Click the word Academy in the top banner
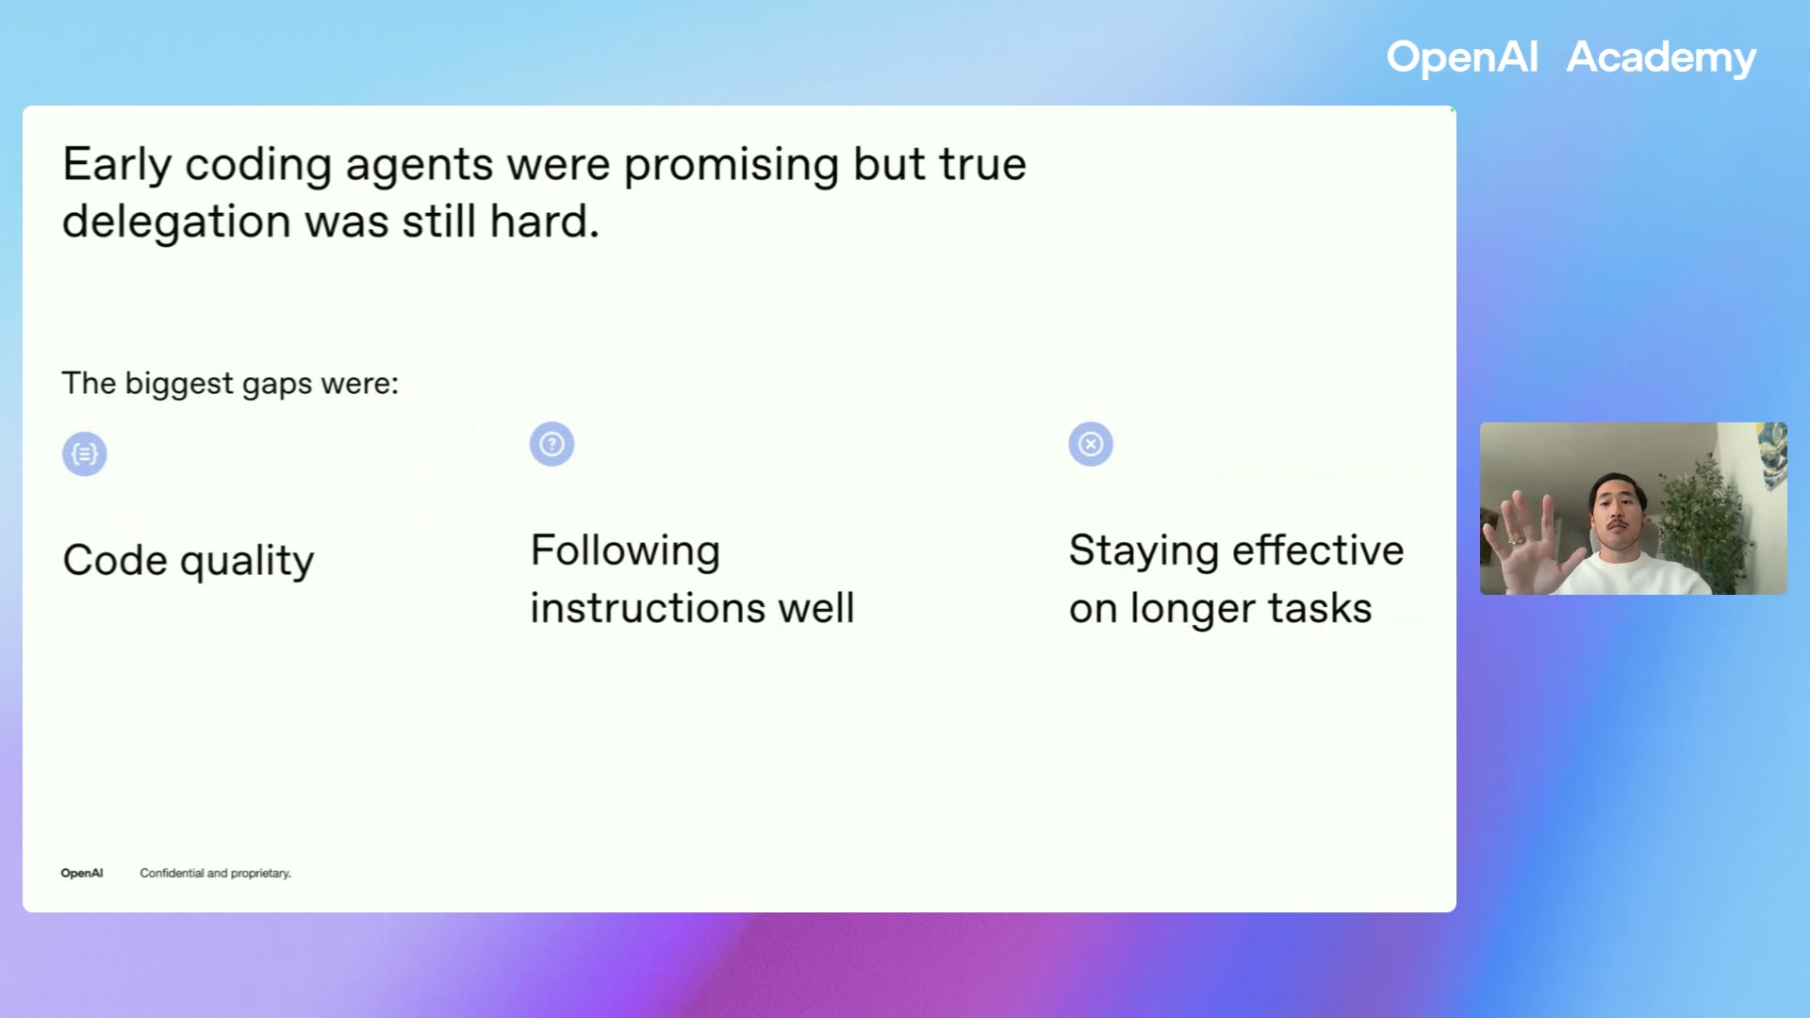[1661, 58]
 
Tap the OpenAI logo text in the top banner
[1461, 58]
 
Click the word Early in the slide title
[117, 165]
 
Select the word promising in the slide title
[731, 165]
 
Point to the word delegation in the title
[176, 222]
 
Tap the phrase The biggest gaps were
[230, 384]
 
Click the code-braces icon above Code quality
[85, 454]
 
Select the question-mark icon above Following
[551, 444]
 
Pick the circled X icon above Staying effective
[1091, 444]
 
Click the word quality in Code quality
[247, 562]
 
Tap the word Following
[625, 550]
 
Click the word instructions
[647, 608]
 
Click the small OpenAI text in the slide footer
[82, 873]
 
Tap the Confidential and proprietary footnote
[215, 873]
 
